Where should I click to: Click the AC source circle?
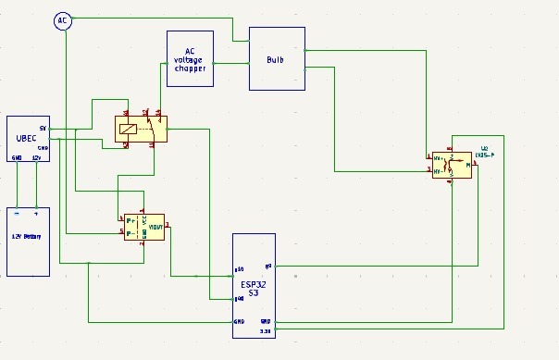tap(63, 20)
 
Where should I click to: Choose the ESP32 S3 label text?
tap(253, 288)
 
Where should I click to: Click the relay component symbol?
tap(140, 130)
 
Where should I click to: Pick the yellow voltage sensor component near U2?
tap(451, 166)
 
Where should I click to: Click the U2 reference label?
tap(484, 148)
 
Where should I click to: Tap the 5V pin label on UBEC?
tap(43, 128)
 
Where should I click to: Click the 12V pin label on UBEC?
tap(36, 158)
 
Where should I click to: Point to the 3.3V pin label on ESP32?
tap(266, 329)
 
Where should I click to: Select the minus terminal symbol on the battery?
tap(17, 213)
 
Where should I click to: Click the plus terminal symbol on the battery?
tap(37, 213)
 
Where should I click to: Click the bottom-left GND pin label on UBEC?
tap(17, 158)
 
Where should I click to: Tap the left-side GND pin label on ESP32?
tap(239, 321)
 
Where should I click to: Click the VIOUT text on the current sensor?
tap(156, 226)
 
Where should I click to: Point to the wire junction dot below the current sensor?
tap(89, 263)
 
